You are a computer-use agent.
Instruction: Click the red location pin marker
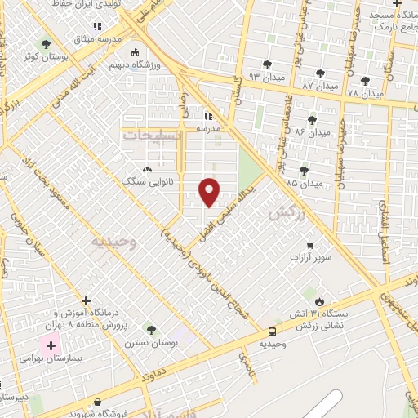click(x=211, y=191)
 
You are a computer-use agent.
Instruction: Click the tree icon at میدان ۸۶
click(x=313, y=120)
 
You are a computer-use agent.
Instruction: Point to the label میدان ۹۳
click(x=242, y=78)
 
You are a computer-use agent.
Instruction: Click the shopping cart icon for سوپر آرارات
click(x=309, y=245)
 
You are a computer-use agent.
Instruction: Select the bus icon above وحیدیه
click(x=272, y=331)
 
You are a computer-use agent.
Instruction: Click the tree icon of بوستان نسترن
click(x=150, y=329)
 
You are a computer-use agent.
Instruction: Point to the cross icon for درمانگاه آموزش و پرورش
click(x=87, y=300)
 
